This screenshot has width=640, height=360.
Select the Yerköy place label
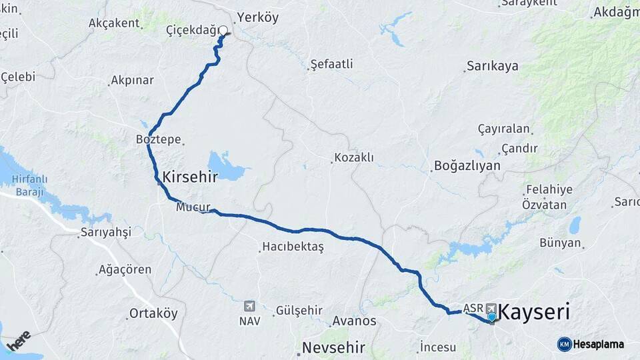[257, 18]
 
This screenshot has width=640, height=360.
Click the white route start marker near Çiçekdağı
[223, 30]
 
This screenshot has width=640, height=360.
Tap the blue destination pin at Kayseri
[491, 317]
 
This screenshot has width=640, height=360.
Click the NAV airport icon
[249, 306]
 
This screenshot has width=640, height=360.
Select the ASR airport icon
[491, 308]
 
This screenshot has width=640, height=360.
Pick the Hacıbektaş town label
[293, 247]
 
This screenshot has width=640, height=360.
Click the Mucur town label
[193, 207]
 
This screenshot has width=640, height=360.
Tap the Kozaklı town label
[354, 158]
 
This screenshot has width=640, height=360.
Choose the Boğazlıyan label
[467, 165]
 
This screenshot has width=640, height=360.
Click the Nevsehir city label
[333, 347]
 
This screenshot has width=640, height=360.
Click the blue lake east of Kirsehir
[227, 166]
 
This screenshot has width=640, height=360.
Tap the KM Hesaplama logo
[591, 344]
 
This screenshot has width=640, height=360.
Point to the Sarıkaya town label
[493, 67]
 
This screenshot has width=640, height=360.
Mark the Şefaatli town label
[332, 65]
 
